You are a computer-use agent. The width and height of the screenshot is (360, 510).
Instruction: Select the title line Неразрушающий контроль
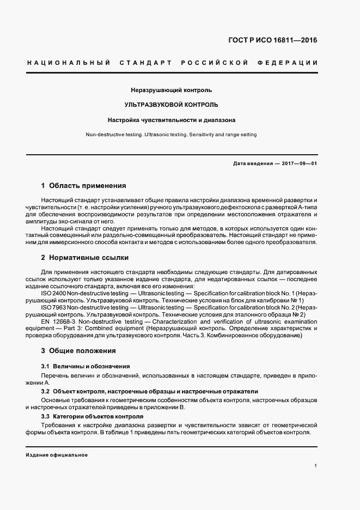point(172,89)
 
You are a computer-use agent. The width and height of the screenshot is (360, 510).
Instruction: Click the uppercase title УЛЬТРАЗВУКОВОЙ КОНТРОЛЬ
point(172,104)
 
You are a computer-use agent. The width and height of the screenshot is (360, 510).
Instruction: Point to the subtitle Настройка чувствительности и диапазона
point(172,119)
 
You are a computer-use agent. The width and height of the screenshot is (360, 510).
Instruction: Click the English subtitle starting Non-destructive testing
point(172,134)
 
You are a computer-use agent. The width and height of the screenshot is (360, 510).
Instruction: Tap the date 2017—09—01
point(298,163)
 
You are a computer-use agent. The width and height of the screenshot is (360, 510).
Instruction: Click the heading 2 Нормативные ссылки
point(84,257)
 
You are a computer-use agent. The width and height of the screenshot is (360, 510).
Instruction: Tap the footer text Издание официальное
point(57,454)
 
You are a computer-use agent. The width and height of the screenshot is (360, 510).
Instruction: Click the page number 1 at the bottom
point(316,465)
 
